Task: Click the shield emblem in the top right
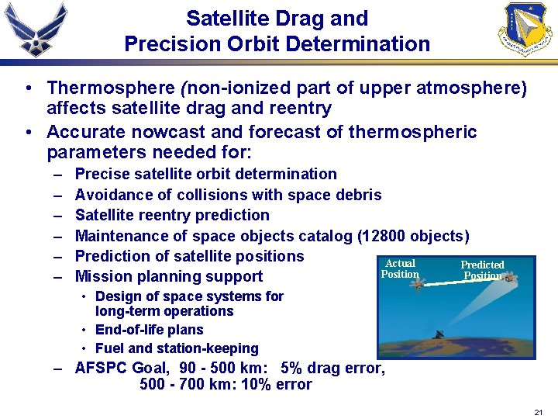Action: click(x=526, y=29)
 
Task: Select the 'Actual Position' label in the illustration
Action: click(x=400, y=268)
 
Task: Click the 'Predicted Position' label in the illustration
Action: click(x=482, y=270)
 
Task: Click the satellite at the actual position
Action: click(x=417, y=285)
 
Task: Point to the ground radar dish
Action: click(x=439, y=335)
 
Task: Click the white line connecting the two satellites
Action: click(x=463, y=281)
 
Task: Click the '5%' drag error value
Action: click(x=298, y=368)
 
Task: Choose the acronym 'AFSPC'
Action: click(x=102, y=368)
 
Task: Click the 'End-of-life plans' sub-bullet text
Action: click(x=150, y=330)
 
